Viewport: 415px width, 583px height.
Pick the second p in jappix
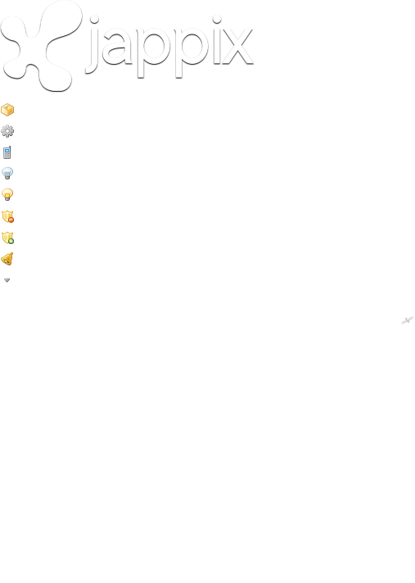pyautogui.click(x=192, y=52)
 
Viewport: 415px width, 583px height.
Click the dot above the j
pyautogui.click(x=94, y=19)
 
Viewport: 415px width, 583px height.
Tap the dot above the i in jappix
pyautogui.click(x=217, y=19)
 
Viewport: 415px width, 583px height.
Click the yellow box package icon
pyautogui.click(x=7, y=110)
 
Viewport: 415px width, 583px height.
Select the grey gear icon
pyautogui.click(x=7, y=131)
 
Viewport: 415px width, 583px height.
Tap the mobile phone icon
pyautogui.click(x=7, y=152)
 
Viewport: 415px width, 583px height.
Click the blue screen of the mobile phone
pyautogui.click(x=7, y=151)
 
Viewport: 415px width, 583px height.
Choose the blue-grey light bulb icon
pyautogui.click(x=7, y=174)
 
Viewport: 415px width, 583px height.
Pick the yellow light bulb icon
pyautogui.click(x=7, y=194)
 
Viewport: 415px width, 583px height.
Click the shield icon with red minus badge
pyautogui.click(x=8, y=216)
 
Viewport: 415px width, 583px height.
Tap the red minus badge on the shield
pyautogui.click(x=11, y=219)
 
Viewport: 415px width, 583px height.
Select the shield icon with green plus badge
pyautogui.click(x=8, y=237)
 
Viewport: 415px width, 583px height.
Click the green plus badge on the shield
pyautogui.click(x=11, y=241)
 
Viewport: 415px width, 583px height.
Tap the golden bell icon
pyautogui.click(x=7, y=259)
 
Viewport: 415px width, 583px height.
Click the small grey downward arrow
pyautogui.click(x=7, y=280)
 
